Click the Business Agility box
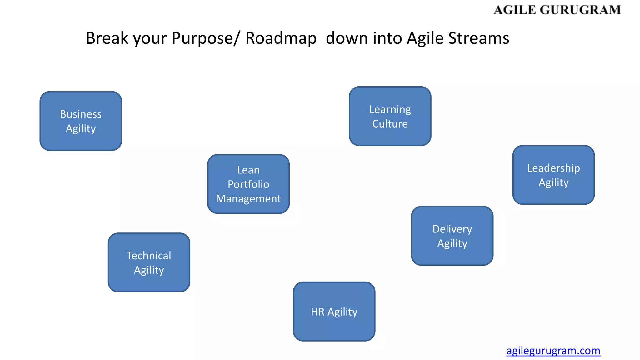pos(81,121)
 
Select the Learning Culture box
pos(390,116)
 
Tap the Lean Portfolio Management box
pos(248,184)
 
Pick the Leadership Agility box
pos(553,175)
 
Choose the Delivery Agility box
pos(452,236)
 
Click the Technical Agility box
pos(149,262)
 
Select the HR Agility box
pos(334,312)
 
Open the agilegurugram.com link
pos(553,351)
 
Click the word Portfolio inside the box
pos(248,184)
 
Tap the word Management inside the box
pos(248,199)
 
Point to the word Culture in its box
pos(390,124)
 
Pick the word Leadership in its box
pos(553,168)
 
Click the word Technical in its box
pos(149,256)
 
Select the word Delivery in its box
pos(452,229)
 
